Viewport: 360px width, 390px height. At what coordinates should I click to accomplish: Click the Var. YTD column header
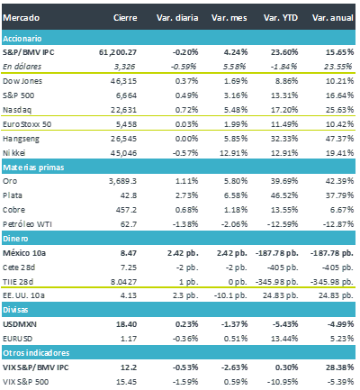(281, 18)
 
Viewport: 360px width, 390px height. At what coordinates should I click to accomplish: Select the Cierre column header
(125, 18)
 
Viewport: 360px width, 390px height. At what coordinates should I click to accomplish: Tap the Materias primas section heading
(33, 168)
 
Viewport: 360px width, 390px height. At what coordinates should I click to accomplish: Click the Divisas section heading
(15, 310)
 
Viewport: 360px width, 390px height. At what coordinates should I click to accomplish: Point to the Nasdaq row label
(17, 110)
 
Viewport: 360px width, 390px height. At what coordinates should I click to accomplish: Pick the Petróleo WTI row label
(27, 224)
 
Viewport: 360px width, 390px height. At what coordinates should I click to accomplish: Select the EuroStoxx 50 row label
(27, 124)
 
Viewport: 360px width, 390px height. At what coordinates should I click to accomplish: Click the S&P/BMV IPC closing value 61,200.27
(118, 52)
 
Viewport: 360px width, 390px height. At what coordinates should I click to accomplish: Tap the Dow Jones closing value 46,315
(123, 81)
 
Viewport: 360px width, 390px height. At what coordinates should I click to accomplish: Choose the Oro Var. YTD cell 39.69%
(284, 181)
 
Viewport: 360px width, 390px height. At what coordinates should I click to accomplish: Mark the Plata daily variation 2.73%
(186, 195)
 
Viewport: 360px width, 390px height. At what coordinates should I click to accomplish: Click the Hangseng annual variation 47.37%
(339, 139)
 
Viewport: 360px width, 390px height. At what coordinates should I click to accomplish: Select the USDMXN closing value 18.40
(126, 324)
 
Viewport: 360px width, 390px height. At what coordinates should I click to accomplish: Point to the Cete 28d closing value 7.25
(129, 268)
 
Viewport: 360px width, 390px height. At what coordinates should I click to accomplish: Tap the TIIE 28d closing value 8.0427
(123, 282)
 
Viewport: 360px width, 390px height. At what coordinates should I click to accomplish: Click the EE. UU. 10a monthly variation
(230, 295)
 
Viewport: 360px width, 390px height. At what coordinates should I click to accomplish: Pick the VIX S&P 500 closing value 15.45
(126, 382)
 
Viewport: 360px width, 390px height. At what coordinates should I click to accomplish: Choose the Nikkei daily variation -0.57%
(185, 153)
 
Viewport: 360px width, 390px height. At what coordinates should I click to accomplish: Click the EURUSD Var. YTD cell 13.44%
(284, 339)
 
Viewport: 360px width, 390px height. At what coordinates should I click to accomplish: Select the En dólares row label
(22, 67)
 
